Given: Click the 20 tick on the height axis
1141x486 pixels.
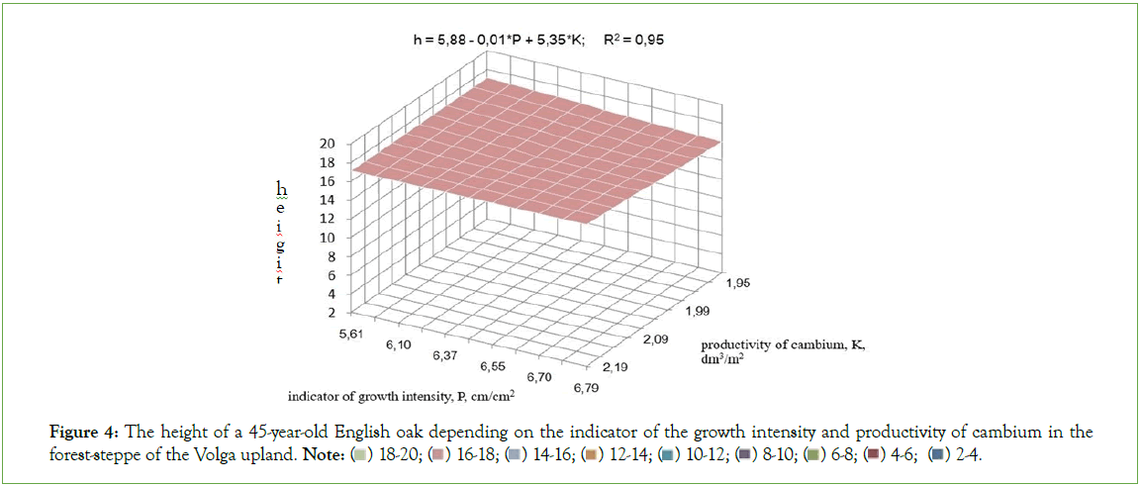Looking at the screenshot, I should [x=327, y=143].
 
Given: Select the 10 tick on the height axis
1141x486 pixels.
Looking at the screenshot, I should [x=327, y=238].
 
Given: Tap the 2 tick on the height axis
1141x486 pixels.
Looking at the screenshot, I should [x=328, y=313].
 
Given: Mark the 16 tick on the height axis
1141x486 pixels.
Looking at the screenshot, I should [x=327, y=181].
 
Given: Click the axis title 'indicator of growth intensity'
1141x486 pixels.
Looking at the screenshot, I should [x=400, y=397].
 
